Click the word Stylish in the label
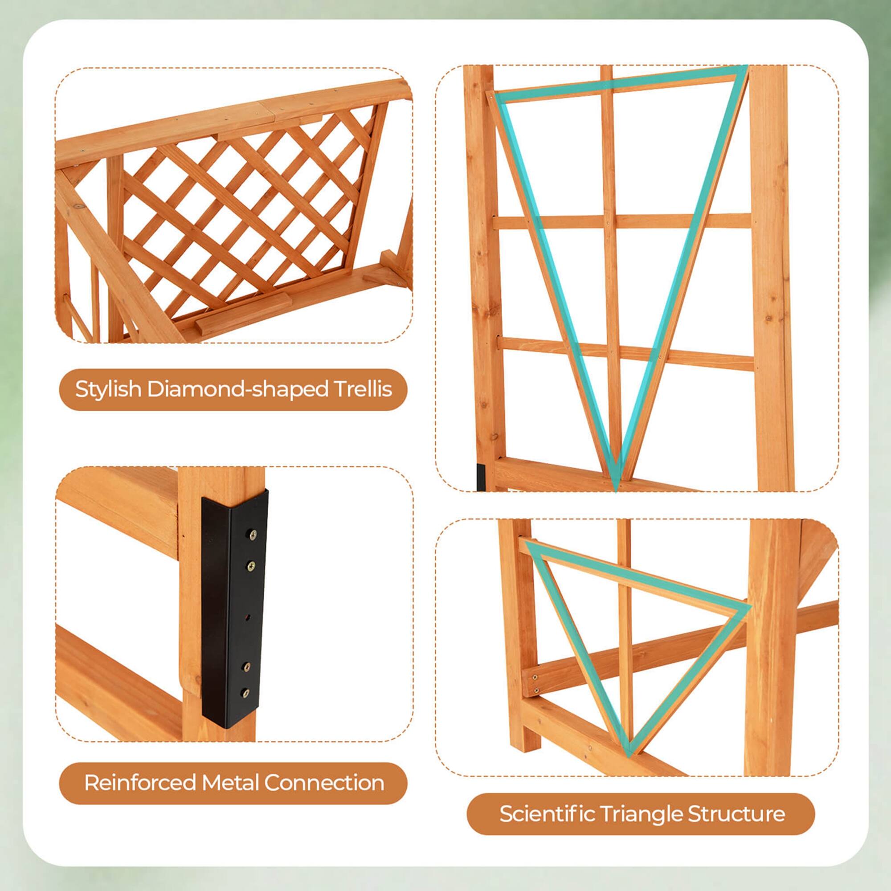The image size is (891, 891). (x=109, y=390)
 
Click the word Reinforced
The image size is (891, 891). (x=141, y=783)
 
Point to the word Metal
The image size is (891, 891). (x=232, y=783)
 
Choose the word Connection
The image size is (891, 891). (x=324, y=783)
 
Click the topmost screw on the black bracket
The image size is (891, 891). (x=253, y=535)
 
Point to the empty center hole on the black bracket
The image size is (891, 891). (x=249, y=617)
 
